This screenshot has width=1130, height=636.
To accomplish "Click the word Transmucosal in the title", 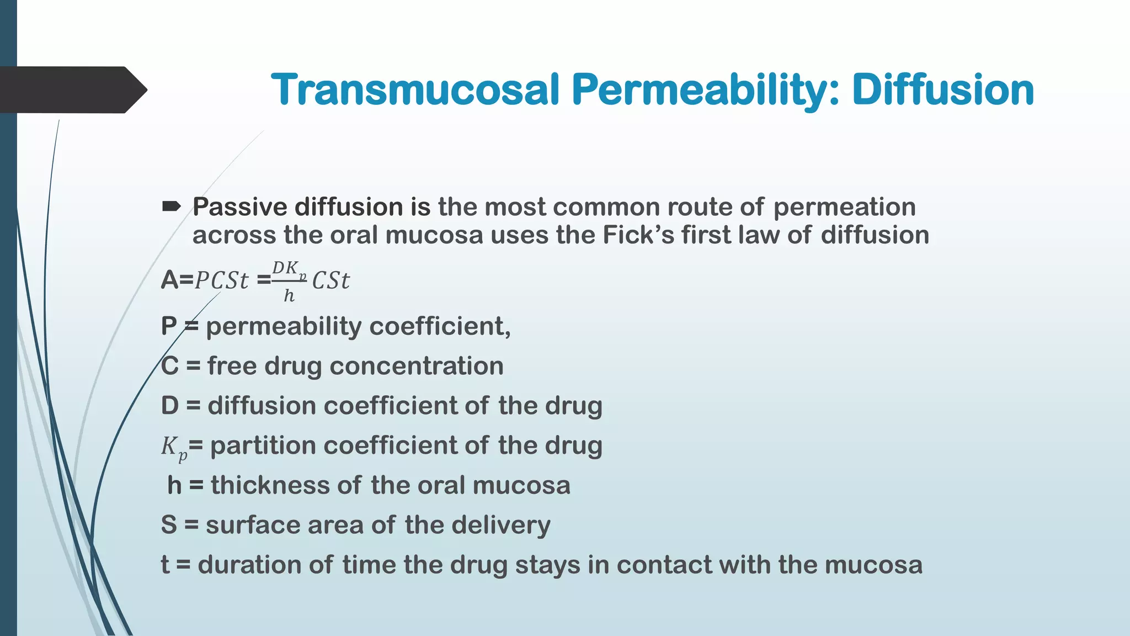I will (x=415, y=90).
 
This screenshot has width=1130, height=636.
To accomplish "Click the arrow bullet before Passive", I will (x=171, y=207).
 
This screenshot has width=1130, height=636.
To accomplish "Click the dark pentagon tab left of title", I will (x=72, y=90).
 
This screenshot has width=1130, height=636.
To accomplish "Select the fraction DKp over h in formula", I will (x=289, y=281).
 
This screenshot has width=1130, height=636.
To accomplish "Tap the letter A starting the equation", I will (x=169, y=280).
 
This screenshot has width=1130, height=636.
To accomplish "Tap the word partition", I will (x=263, y=446).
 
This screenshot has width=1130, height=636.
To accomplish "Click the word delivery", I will (x=500, y=525).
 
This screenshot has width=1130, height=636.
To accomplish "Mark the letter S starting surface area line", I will (x=169, y=525).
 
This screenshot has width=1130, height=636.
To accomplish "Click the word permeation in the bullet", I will (x=844, y=207).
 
